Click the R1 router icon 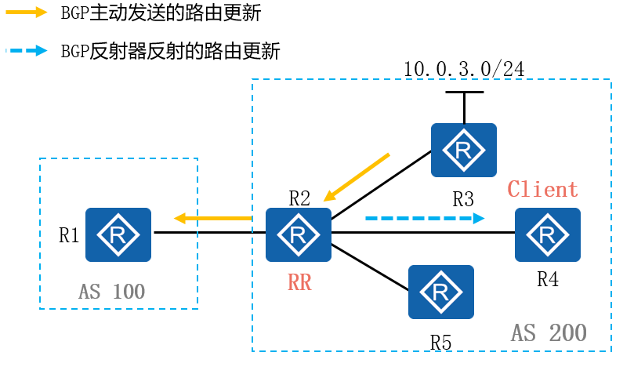[118, 234]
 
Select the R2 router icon [298, 234]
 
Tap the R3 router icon [463, 149]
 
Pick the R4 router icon [548, 234]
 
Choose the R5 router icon [440, 292]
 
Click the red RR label [299, 282]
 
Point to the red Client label [542, 189]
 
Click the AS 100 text [112, 292]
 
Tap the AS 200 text [549, 332]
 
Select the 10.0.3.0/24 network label [463, 69]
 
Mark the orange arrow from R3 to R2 [357, 176]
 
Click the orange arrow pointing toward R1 [212, 218]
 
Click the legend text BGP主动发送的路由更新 [161, 13]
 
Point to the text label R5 [440, 343]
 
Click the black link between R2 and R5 [370, 268]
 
